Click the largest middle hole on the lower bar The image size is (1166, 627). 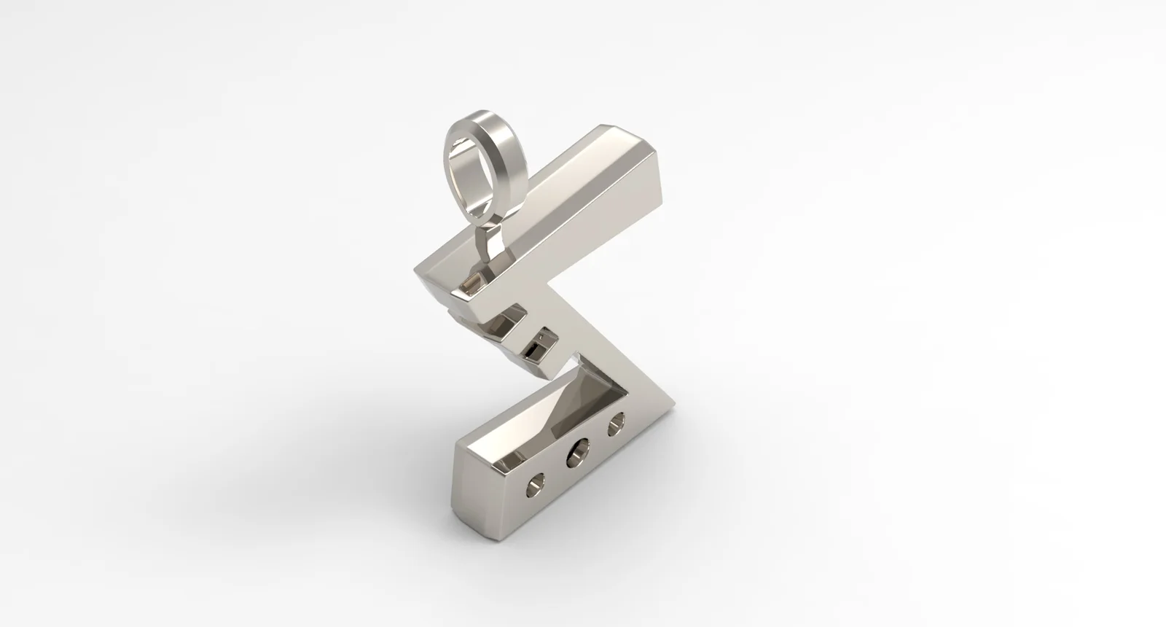[580, 455]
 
